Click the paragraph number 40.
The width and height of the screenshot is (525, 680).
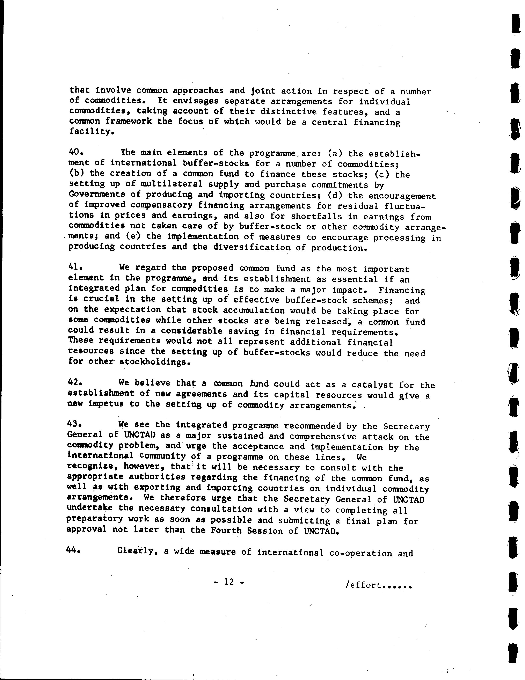click(x=75, y=152)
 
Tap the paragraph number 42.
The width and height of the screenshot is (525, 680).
click(x=74, y=382)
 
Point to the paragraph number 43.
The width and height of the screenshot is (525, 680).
click(x=74, y=424)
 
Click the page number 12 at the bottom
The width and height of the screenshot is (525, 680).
click(x=229, y=582)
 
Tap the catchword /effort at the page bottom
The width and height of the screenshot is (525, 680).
click(x=378, y=585)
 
